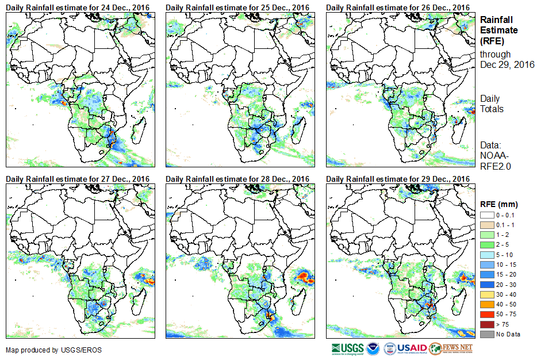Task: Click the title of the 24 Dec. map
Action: (78, 7)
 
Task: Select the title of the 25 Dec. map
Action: (237, 7)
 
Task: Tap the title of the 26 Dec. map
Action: (398, 7)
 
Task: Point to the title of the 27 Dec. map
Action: (78, 179)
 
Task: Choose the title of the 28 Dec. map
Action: (237, 179)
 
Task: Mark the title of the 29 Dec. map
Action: (398, 179)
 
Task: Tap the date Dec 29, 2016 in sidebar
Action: (507, 64)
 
